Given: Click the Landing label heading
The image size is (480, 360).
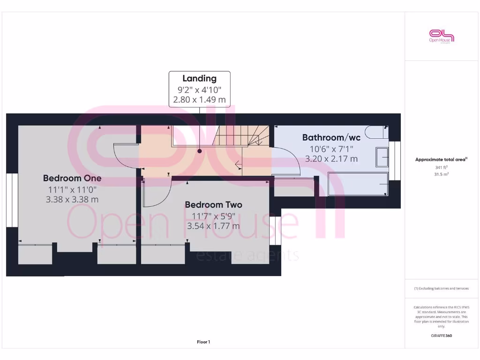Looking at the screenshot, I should [x=200, y=78].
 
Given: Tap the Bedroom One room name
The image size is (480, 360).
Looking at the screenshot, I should [x=72, y=178].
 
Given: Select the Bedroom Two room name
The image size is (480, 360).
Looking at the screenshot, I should [x=213, y=205].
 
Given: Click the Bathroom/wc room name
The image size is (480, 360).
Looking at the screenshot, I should [x=331, y=137].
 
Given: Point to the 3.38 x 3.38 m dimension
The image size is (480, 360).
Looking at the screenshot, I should [x=72, y=200].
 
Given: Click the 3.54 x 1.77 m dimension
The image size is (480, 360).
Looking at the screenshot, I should [x=213, y=226].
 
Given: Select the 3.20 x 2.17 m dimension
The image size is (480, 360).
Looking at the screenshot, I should [x=331, y=159].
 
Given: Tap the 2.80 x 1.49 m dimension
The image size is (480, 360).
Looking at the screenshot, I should [x=200, y=99].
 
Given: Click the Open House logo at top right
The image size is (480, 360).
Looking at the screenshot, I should [x=442, y=36].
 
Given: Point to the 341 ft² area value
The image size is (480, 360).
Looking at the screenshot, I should [x=442, y=167].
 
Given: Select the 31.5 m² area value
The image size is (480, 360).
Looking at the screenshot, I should [x=442, y=174].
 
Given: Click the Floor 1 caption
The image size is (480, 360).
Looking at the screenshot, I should [x=203, y=342].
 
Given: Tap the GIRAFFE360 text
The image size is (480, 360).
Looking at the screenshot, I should [x=442, y=336].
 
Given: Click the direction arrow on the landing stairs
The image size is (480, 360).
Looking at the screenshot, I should [x=239, y=164].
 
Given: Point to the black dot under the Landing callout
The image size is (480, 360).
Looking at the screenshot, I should [x=200, y=151].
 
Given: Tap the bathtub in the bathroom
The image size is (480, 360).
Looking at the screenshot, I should [x=358, y=184].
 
